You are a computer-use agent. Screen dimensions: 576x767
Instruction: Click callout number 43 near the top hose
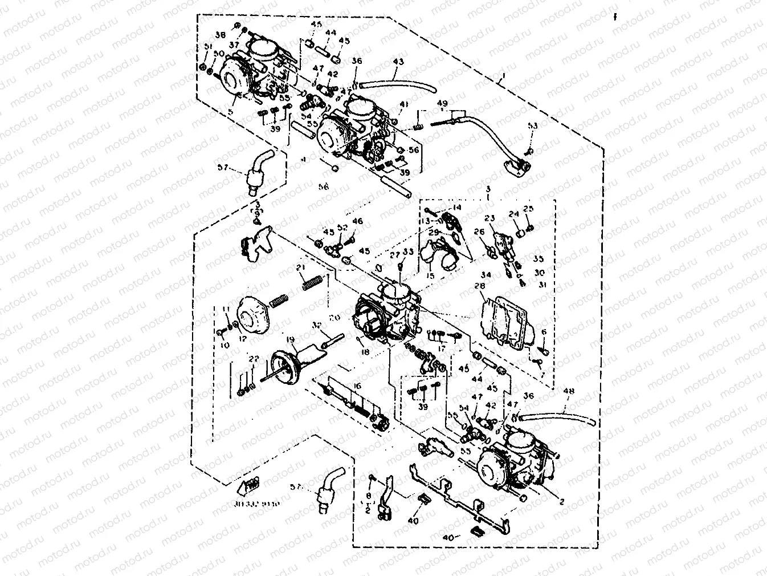click(398, 62)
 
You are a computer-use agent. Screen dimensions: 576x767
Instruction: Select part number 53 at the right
click(532, 125)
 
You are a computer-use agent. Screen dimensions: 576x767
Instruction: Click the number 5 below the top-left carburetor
click(230, 112)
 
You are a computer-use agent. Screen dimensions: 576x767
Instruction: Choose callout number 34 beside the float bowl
click(486, 275)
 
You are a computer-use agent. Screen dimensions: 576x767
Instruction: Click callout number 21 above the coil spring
click(301, 268)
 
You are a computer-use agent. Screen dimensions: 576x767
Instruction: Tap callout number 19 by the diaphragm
click(291, 340)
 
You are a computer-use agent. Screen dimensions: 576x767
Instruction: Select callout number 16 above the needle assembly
click(357, 386)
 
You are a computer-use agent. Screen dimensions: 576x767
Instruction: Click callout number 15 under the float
click(430, 276)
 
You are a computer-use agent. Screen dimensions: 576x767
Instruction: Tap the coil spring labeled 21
click(313, 281)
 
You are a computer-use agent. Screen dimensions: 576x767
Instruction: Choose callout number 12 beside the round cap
click(243, 338)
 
